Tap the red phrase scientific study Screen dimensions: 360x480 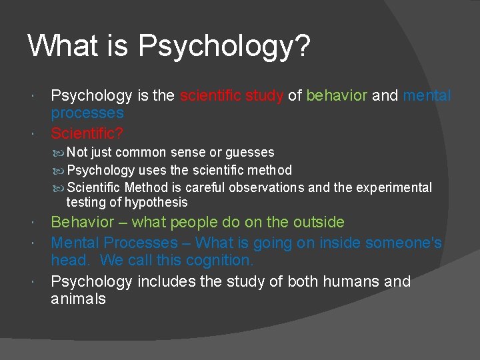point(231,96)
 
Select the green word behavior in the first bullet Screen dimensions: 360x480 point(336,96)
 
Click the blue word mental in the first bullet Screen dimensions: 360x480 point(427,96)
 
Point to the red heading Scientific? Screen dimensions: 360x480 point(87,132)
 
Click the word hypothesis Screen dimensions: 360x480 point(157,202)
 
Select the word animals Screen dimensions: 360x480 point(78,299)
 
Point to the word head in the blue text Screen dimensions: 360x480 point(69,260)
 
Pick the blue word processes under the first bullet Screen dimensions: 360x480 point(87,113)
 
